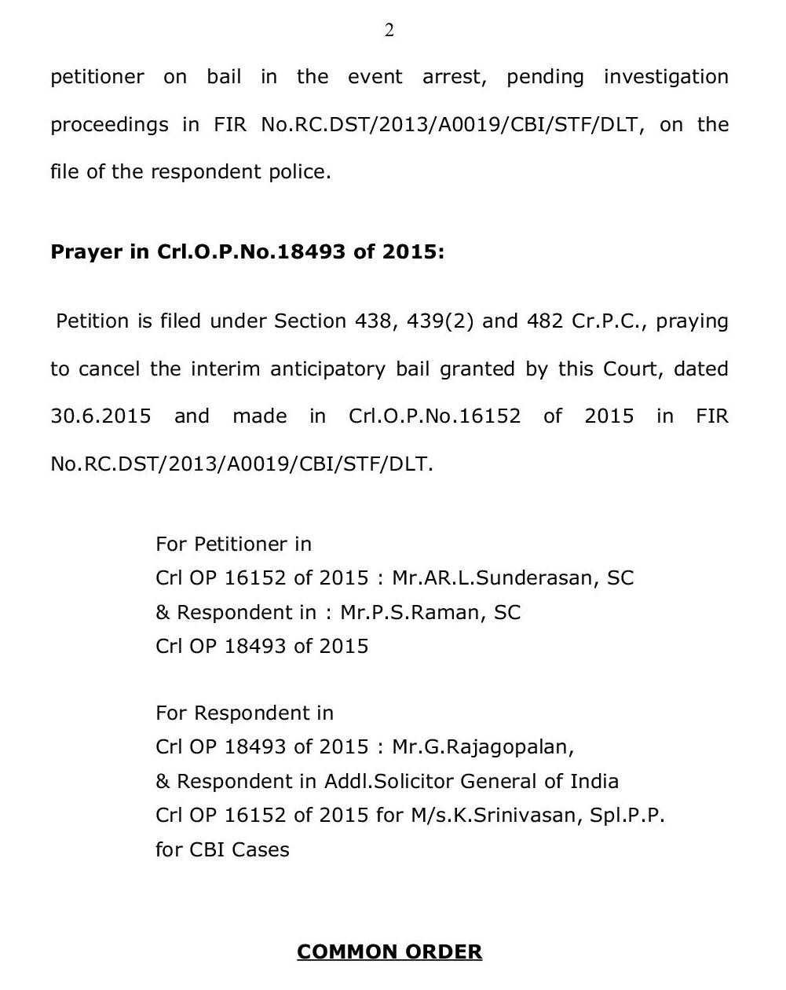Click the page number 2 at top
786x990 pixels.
(x=389, y=31)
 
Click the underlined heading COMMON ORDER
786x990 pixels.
(x=389, y=951)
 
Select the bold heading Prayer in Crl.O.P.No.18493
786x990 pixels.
(x=247, y=252)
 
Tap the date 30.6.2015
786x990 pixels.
(x=101, y=416)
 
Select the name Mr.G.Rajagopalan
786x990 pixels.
(x=483, y=746)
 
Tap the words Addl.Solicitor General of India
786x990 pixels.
(x=471, y=781)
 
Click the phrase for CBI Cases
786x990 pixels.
(x=222, y=849)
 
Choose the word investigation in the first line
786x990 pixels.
(x=666, y=77)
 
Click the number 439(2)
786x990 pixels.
(x=440, y=321)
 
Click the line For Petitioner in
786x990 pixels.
(x=233, y=544)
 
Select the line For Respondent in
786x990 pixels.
(x=244, y=713)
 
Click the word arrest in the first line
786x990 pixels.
(x=453, y=77)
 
